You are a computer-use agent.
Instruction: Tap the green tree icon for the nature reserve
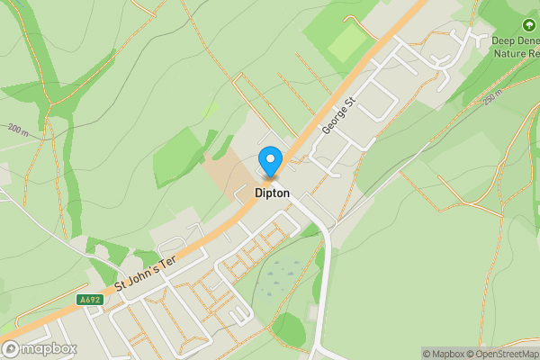click(528, 26)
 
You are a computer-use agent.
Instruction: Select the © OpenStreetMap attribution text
click(499, 354)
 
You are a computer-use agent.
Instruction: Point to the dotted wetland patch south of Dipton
click(283, 274)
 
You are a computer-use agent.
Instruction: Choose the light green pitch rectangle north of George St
click(346, 40)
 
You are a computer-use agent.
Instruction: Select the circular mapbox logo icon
click(11, 348)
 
